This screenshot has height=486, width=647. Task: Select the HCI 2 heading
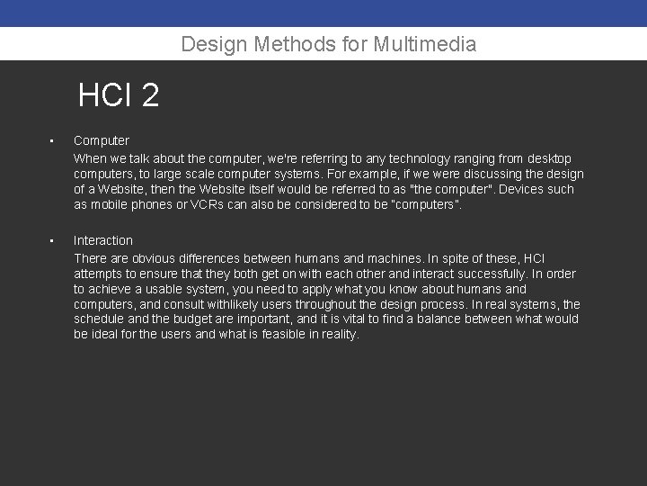[119, 94]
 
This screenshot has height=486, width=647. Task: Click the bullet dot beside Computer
[53, 141]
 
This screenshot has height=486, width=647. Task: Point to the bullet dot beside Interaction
[53, 241]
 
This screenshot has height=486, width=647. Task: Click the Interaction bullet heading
[102, 240]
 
